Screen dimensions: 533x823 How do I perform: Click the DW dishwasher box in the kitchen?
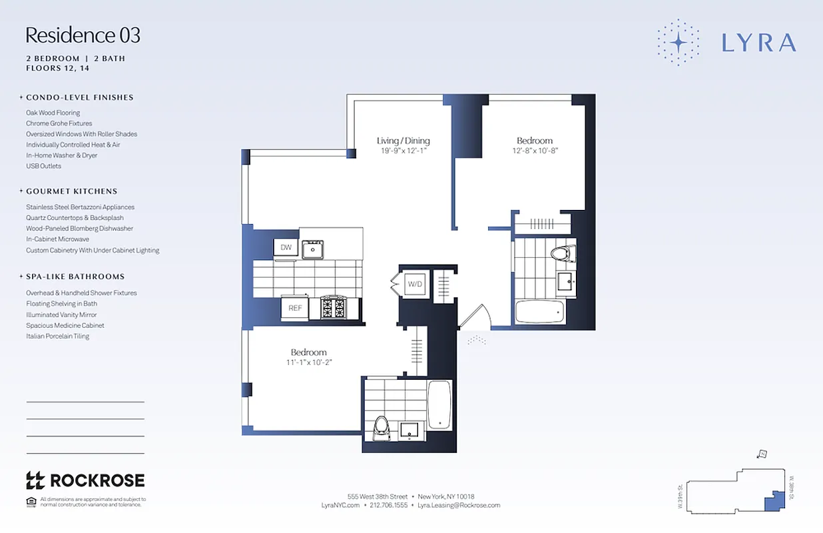286,247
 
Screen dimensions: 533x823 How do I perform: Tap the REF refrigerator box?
295,308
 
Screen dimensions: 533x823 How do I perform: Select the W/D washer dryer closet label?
415,284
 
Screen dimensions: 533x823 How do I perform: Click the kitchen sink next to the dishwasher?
312,250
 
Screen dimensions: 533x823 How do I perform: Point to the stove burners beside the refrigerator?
334,308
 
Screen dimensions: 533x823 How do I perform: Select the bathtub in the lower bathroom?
439,404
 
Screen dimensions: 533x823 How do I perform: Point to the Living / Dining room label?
403,141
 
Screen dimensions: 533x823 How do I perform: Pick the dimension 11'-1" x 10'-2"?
308,362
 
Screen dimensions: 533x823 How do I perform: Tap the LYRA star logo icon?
678,43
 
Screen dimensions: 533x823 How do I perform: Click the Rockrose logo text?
97,480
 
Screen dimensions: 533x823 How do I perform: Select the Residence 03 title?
83,35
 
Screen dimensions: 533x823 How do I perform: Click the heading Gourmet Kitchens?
71,191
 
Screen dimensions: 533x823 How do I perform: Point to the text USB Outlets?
43,166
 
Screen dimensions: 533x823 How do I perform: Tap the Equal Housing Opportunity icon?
31,502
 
